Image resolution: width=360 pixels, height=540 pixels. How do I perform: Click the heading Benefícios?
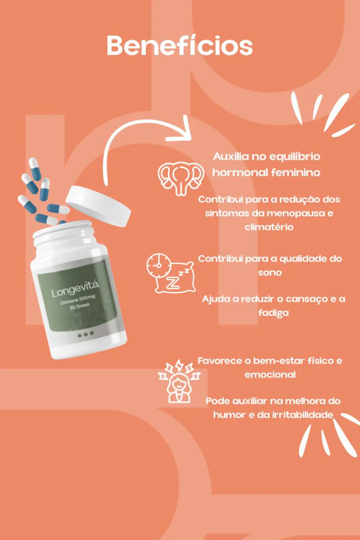pos(180,45)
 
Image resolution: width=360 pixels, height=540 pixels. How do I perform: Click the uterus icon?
pos(181,178)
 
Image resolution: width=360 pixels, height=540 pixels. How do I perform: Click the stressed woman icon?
pos(179,381)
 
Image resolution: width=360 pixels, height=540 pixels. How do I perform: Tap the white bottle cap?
pos(99,206)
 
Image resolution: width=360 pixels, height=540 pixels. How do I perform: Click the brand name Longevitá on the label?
pos(75,288)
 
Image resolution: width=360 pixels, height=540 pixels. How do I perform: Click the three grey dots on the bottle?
pos(85,334)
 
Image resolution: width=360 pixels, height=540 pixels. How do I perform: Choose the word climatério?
pos(269,227)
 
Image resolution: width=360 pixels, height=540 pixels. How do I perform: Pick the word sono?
pos(270,273)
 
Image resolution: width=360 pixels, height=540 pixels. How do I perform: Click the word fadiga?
pos(274,313)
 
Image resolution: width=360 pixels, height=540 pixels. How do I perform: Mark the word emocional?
pos(270,375)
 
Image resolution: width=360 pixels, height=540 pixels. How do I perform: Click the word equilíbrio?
pos(295,157)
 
